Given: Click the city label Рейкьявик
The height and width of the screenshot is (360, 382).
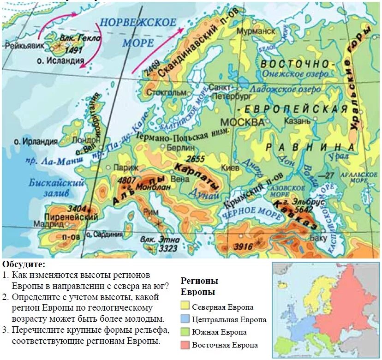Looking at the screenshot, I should point(22,45).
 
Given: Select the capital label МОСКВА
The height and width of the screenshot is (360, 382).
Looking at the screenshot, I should point(242,122).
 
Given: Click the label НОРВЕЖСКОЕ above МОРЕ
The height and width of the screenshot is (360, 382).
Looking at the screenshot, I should point(138,23).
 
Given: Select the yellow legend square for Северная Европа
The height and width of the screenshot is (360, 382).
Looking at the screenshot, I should point(185,306).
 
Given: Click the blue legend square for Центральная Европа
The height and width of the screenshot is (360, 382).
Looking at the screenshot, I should point(185,319).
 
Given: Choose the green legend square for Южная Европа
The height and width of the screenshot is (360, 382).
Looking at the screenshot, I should point(185,332).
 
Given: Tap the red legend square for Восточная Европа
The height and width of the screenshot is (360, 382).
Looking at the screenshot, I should point(185,345).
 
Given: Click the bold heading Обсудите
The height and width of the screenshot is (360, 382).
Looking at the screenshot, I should point(24,264).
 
